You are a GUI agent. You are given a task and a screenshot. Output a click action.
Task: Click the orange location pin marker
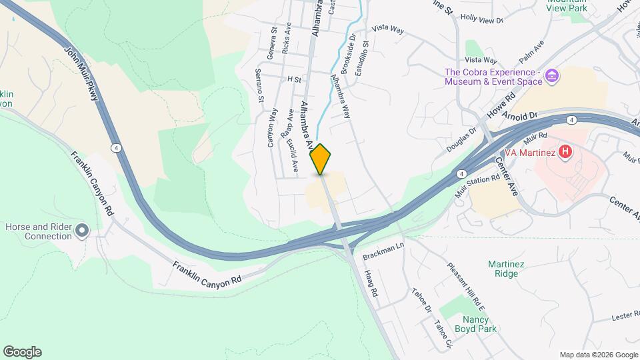tap(321, 159)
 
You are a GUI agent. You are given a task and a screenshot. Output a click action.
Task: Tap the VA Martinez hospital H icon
tap(565, 152)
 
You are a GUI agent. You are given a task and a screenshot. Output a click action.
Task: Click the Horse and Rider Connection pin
tap(82, 231)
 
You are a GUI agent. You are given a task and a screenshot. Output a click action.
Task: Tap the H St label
tap(294, 79)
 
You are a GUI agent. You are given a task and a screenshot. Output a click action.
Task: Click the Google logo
tap(22, 352)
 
